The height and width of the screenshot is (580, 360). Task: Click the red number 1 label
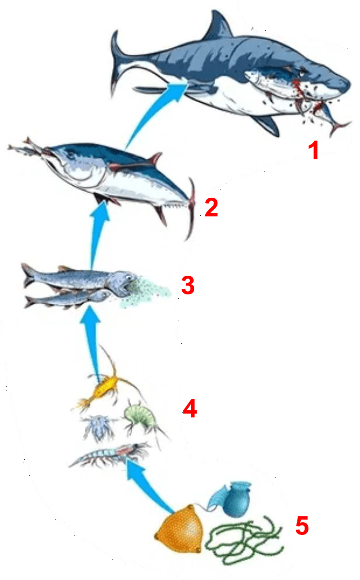tap(314, 151)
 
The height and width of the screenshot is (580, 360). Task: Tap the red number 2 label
tap(211, 207)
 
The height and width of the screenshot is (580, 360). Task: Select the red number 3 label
tap(188, 285)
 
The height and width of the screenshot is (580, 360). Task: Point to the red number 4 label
tap(190, 409)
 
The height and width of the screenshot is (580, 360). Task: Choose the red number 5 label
tap(302, 526)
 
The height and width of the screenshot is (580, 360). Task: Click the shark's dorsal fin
tap(218, 26)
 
